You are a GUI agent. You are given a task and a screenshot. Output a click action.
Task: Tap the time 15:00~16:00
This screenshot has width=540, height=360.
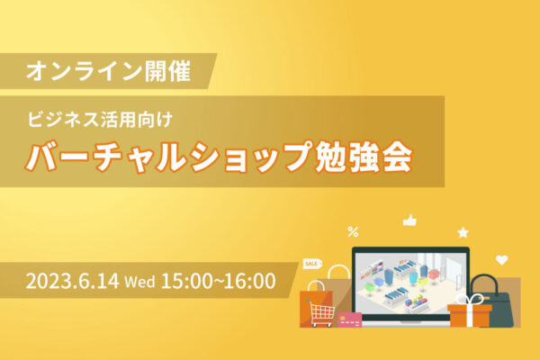click(218, 281)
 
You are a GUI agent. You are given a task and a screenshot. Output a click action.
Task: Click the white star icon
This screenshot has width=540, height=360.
click(463, 232)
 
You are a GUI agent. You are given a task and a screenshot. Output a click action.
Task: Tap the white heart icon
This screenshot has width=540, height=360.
click(502, 260)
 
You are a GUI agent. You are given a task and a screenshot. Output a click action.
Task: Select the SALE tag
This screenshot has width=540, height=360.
click(312, 265)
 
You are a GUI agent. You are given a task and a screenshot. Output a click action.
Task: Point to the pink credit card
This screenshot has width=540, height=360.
click(349, 319)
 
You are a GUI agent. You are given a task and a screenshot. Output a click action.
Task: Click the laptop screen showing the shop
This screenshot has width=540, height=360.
click(409, 280)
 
